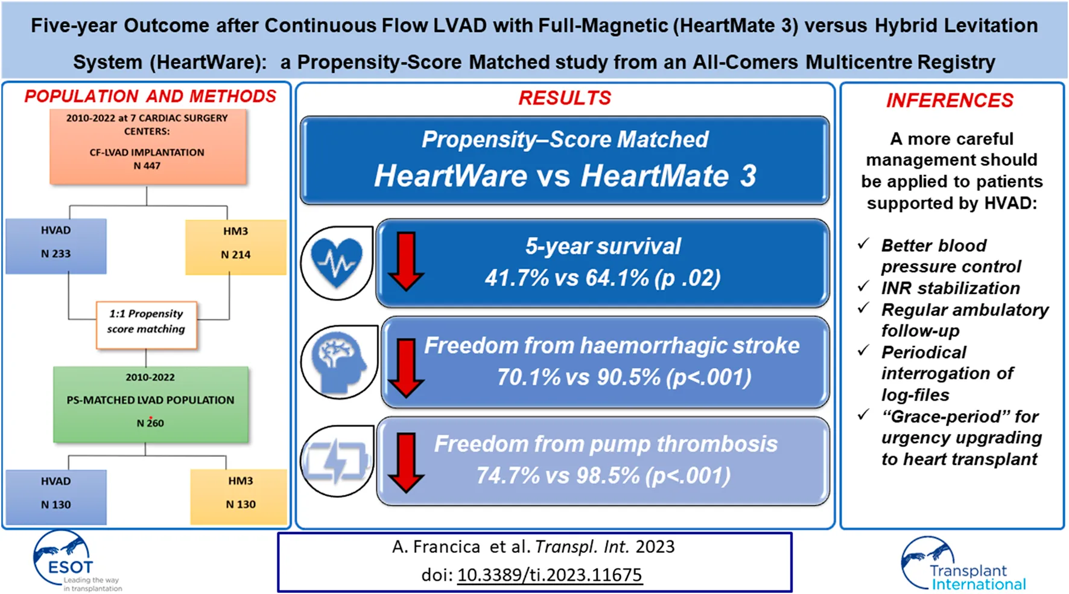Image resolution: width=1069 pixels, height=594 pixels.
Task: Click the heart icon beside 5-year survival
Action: tap(337, 263)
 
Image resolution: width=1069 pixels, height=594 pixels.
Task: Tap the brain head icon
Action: tap(339, 362)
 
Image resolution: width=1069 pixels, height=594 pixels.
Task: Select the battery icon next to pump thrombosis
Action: tap(337, 462)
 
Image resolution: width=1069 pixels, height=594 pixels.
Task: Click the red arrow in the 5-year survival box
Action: tap(406, 261)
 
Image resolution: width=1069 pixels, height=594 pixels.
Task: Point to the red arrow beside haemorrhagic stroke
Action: tap(406, 367)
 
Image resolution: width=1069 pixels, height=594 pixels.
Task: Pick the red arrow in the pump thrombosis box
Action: tap(406, 462)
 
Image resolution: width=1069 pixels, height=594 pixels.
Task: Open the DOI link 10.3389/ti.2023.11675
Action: tap(549, 575)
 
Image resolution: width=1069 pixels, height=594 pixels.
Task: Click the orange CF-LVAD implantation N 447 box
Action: tap(148, 147)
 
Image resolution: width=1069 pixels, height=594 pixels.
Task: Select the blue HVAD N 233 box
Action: tap(56, 246)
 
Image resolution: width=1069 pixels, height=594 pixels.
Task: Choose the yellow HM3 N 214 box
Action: tap(235, 247)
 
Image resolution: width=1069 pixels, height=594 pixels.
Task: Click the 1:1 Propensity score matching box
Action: tap(147, 324)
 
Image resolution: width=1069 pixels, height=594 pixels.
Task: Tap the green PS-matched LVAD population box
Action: tap(150, 404)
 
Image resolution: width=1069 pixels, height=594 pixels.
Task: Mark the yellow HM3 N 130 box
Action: tap(239, 496)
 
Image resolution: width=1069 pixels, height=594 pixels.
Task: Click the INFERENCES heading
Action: tap(950, 100)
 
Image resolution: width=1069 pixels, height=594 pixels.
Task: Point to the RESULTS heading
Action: tap(565, 98)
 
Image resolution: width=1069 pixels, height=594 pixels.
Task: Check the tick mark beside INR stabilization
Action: tap(863, 286)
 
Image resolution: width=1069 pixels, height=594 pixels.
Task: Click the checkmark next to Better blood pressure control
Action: tap(863, 244)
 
